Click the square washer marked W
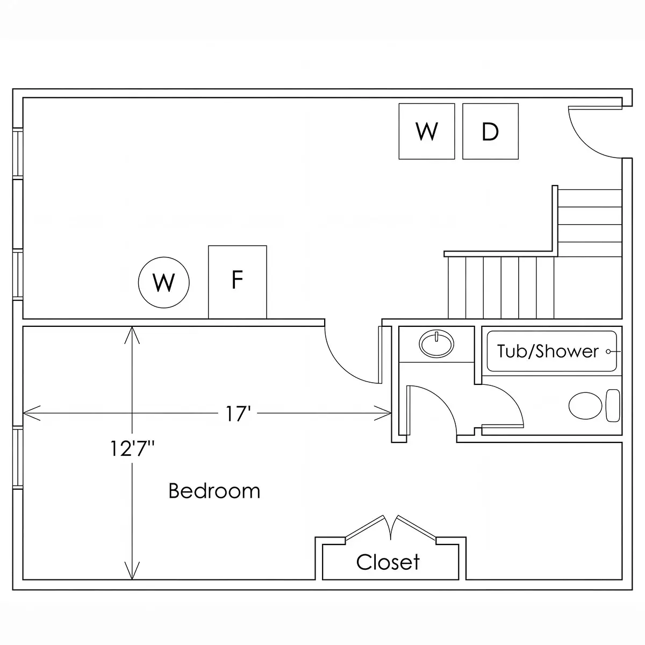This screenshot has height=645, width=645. pos(427,131)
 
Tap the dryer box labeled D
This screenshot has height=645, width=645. pos(490,131)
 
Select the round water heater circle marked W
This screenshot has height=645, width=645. pos(164,283)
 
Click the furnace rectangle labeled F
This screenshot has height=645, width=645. pos(238,282)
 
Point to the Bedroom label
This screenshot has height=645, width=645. pos(214,491)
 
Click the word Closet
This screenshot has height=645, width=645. pos(388,562)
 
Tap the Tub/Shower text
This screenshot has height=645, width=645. pos(548,352)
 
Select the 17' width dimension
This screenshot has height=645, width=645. pos(238,414)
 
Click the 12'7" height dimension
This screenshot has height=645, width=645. pos(132,448)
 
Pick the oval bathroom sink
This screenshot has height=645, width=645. pos(436,344)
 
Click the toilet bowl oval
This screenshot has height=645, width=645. pos(585,406)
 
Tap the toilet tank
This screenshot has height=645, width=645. pos(613,406)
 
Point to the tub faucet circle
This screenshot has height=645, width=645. pos(608,352)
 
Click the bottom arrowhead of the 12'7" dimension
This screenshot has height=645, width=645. pos(132,570)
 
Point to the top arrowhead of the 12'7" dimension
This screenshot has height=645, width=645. pos(132,335)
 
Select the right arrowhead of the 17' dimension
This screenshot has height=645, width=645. pos(383,413)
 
